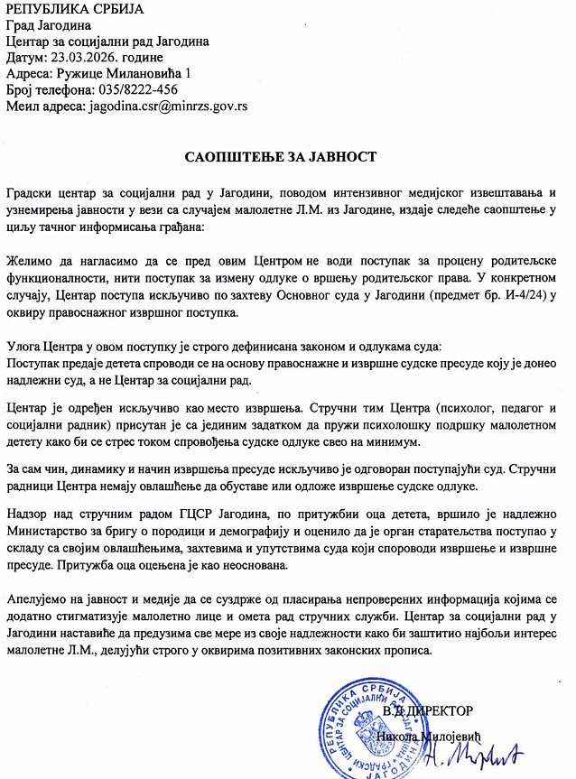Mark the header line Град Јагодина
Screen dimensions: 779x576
[43, 25]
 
